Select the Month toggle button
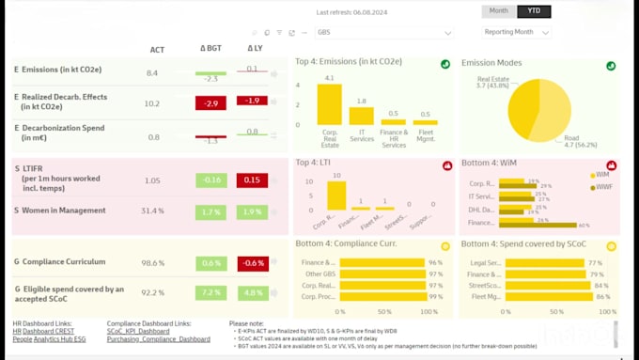pyautogui.click(x=499, y=11)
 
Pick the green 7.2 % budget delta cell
pyautogui.click(x=212, y=293)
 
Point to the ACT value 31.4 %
pyautogui.click(x=152, y=211)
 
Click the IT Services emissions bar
pyautogui.click(x=361, y=116)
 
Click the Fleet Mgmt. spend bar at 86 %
pyautogui.click(x=545, y=297)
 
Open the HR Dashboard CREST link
pyautogui.click(x=44, y=330)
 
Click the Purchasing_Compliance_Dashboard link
pyautogui.click(x=158, y=338)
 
